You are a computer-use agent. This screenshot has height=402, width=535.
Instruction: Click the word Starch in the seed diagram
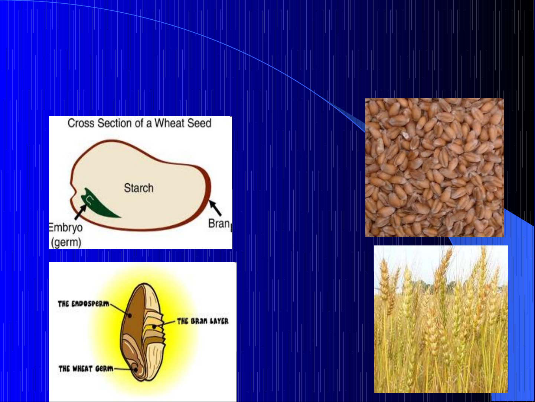pyautogui.click(x=139, y=188)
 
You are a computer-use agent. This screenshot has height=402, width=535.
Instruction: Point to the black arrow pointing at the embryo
pyautogui.click(x=81, y=212)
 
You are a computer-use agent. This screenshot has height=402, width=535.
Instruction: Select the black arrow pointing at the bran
pyautogui.click(x=215, y=208)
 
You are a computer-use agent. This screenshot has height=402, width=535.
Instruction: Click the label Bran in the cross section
pyautogui.click(x=219, y=223)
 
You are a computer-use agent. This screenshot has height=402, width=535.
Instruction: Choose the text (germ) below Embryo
pyautogui.click(x=66, y=242)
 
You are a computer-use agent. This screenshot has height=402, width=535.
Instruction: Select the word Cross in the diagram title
pyautogui.click(x=81, y=123)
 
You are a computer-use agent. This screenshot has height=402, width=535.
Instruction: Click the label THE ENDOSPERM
pyautogui.click(x=84, y=304)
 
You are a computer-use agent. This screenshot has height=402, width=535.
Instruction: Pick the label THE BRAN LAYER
pyautogui.click(x=203, y=321)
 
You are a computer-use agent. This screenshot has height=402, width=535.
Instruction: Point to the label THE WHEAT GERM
pyautogui.click(x=86, y=369)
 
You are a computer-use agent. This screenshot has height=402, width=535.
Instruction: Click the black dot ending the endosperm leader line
pyautogui.click(x=130, y=316)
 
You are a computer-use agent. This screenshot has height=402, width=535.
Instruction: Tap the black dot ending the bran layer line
pyautogui.click(x=154, y=327)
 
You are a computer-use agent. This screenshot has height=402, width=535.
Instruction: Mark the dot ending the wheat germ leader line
pyautogui.click(x=136, y=370)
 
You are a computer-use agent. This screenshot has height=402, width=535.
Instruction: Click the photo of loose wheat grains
pyautogui.click(x=434, y=167)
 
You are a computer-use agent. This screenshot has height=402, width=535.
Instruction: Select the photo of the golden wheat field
pyautogui.click(x=441, y=319)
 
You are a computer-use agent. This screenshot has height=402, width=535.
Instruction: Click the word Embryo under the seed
pyautogui.click(x=66, y=228)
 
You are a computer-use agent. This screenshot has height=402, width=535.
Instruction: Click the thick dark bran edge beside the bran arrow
pyautogui.click(x=207, y=188)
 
